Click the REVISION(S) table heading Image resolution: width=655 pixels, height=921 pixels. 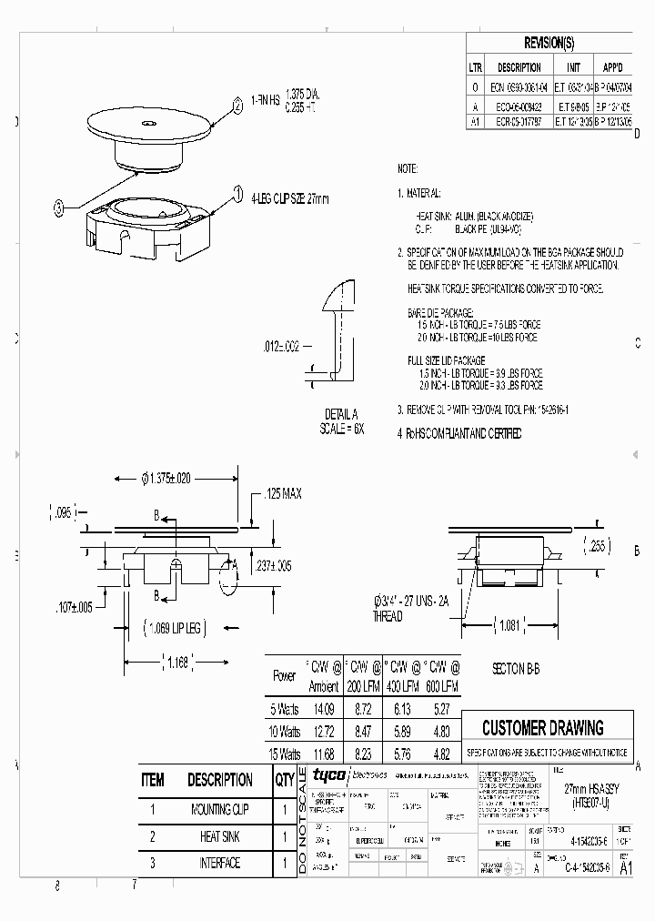pos(549,43)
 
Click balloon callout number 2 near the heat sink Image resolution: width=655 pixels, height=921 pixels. pos(238,106)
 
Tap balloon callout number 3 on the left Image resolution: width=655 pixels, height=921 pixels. pos(60,207)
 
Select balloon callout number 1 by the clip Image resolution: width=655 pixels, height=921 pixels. pos(238,193)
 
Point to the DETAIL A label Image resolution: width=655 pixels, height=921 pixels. pos(342,414)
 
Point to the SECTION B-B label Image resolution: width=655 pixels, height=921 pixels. pos(516,668)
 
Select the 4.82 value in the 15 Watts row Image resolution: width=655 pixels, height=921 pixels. pos(442,754)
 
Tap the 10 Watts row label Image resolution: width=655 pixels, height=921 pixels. pos(285,731)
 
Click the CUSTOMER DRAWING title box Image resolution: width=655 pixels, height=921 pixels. pos(542,728)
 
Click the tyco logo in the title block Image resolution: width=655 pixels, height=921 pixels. pos(325,775)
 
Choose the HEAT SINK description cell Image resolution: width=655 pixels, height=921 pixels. pos(219,836)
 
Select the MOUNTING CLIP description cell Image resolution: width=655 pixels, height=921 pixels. pos(219,809)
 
